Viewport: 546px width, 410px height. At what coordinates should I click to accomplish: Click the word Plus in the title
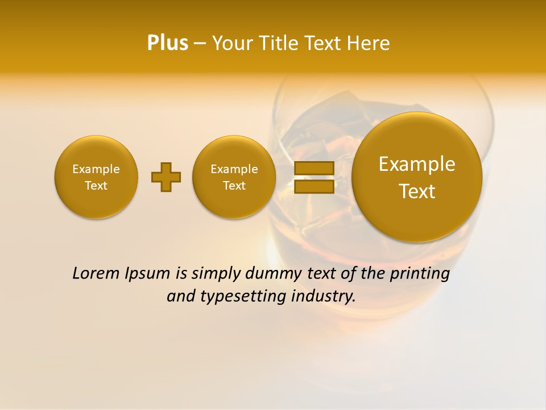(x=167, y=43)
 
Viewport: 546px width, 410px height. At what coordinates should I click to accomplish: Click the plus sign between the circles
(x=166, y=177)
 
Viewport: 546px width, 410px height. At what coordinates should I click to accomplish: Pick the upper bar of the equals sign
(x=313, y=168)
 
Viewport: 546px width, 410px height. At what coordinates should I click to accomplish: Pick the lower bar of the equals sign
(x=313, y=186)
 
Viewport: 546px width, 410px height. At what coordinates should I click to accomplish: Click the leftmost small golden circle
(x=96, y=177)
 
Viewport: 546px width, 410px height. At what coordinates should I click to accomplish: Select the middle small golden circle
(x=234, y=177)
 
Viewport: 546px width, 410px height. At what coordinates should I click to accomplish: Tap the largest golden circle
(x=417, y=177)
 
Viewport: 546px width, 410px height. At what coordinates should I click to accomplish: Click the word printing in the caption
(x=419, y=274)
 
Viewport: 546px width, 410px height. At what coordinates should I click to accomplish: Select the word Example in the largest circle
(x=417, y=164)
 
